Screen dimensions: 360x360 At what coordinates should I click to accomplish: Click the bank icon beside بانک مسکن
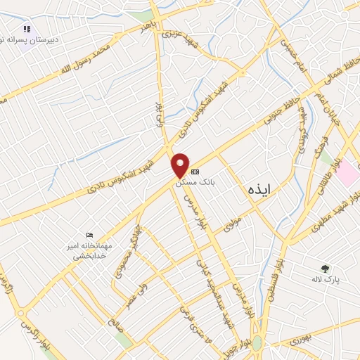coord(195,172)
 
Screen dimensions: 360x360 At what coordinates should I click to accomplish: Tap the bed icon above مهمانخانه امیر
coord(89,235)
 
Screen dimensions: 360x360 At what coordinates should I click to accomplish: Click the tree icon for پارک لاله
coord(324,268)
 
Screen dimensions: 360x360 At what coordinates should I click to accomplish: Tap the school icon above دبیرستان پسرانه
coord(27,29)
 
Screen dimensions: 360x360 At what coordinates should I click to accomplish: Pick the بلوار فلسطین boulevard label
coord(275,278)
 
